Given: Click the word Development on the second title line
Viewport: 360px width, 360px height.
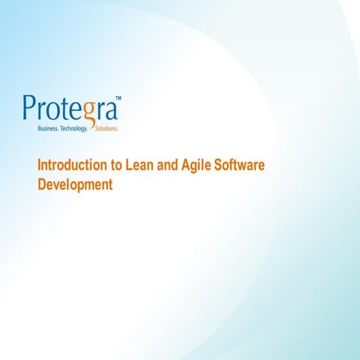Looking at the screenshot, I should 75,184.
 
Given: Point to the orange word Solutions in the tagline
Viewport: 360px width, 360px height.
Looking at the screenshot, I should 106,129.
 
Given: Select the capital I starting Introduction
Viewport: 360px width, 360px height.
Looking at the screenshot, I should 40,166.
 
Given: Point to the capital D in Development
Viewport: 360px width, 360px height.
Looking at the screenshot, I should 42,184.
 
